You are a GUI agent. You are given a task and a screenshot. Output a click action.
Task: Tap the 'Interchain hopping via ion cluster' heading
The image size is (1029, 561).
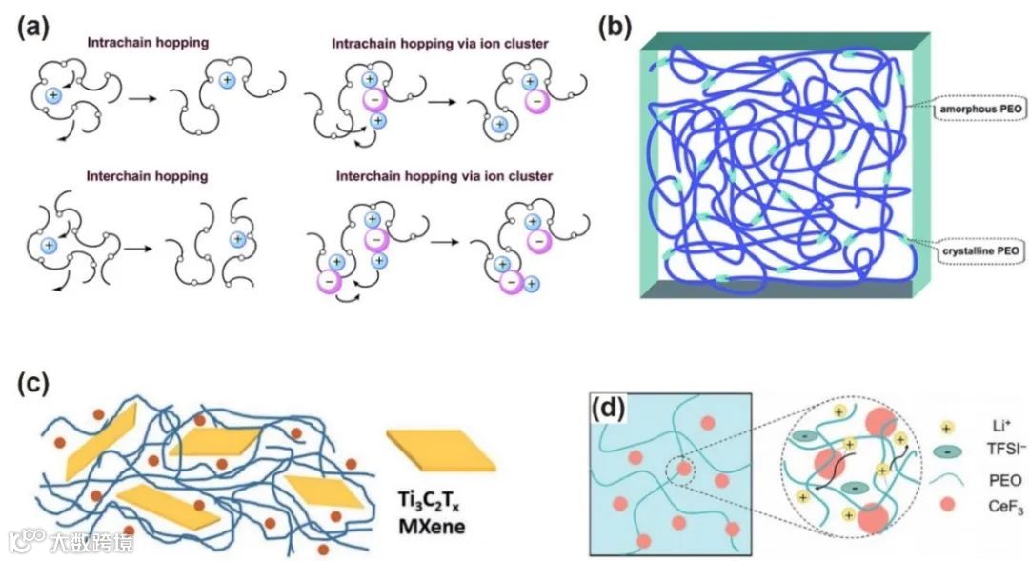444,175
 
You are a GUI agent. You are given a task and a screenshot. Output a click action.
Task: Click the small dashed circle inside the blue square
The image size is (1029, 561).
682,468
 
